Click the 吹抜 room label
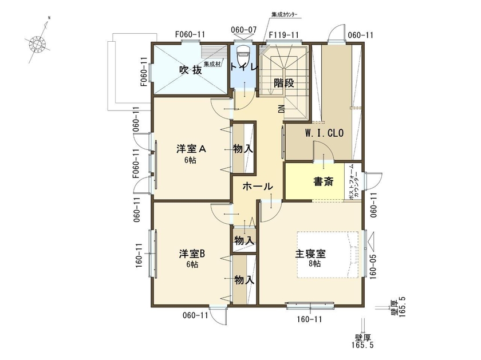click(x=190, y=70)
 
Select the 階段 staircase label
click(x=284, y=82)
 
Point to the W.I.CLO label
click(x=323, y=134)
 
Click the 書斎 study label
click(x=323, y=181)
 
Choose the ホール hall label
click(x=257, y=187)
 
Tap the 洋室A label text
click(x=191, y=149)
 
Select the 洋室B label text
click(x=191, y=253)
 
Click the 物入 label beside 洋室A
click(x=243, y=149)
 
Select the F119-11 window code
click(x=285, y=35)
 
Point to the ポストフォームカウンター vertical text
click(x=354, y=182)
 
